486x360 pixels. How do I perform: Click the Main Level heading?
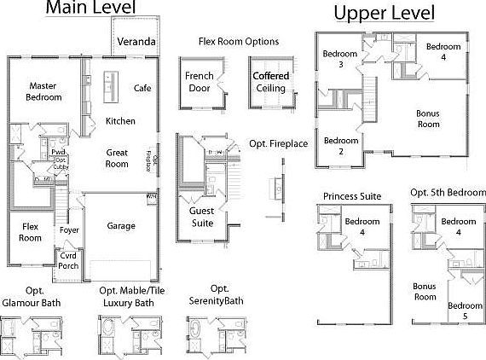(89, 9)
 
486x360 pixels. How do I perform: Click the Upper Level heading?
(384, 13)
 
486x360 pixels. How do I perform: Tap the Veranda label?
(136, 41)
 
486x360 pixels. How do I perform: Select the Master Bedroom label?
(43, 91)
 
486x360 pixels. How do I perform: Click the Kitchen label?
(120, 121)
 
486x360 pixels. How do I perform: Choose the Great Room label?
(117, 158)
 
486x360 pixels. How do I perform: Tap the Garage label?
(121, 226)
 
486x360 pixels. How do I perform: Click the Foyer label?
(69, 230)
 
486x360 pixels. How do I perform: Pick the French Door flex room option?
(199, 81)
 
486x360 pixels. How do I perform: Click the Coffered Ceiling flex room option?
(271, 81)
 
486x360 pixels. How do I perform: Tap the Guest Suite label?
(202, 217)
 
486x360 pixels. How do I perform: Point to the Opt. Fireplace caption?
(278, 143)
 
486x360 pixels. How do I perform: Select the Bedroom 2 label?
(340, 146)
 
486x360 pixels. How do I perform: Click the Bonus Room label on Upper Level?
(427, 119)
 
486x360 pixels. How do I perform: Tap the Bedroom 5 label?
(464, 311)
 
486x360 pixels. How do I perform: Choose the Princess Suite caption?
(352, 196)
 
